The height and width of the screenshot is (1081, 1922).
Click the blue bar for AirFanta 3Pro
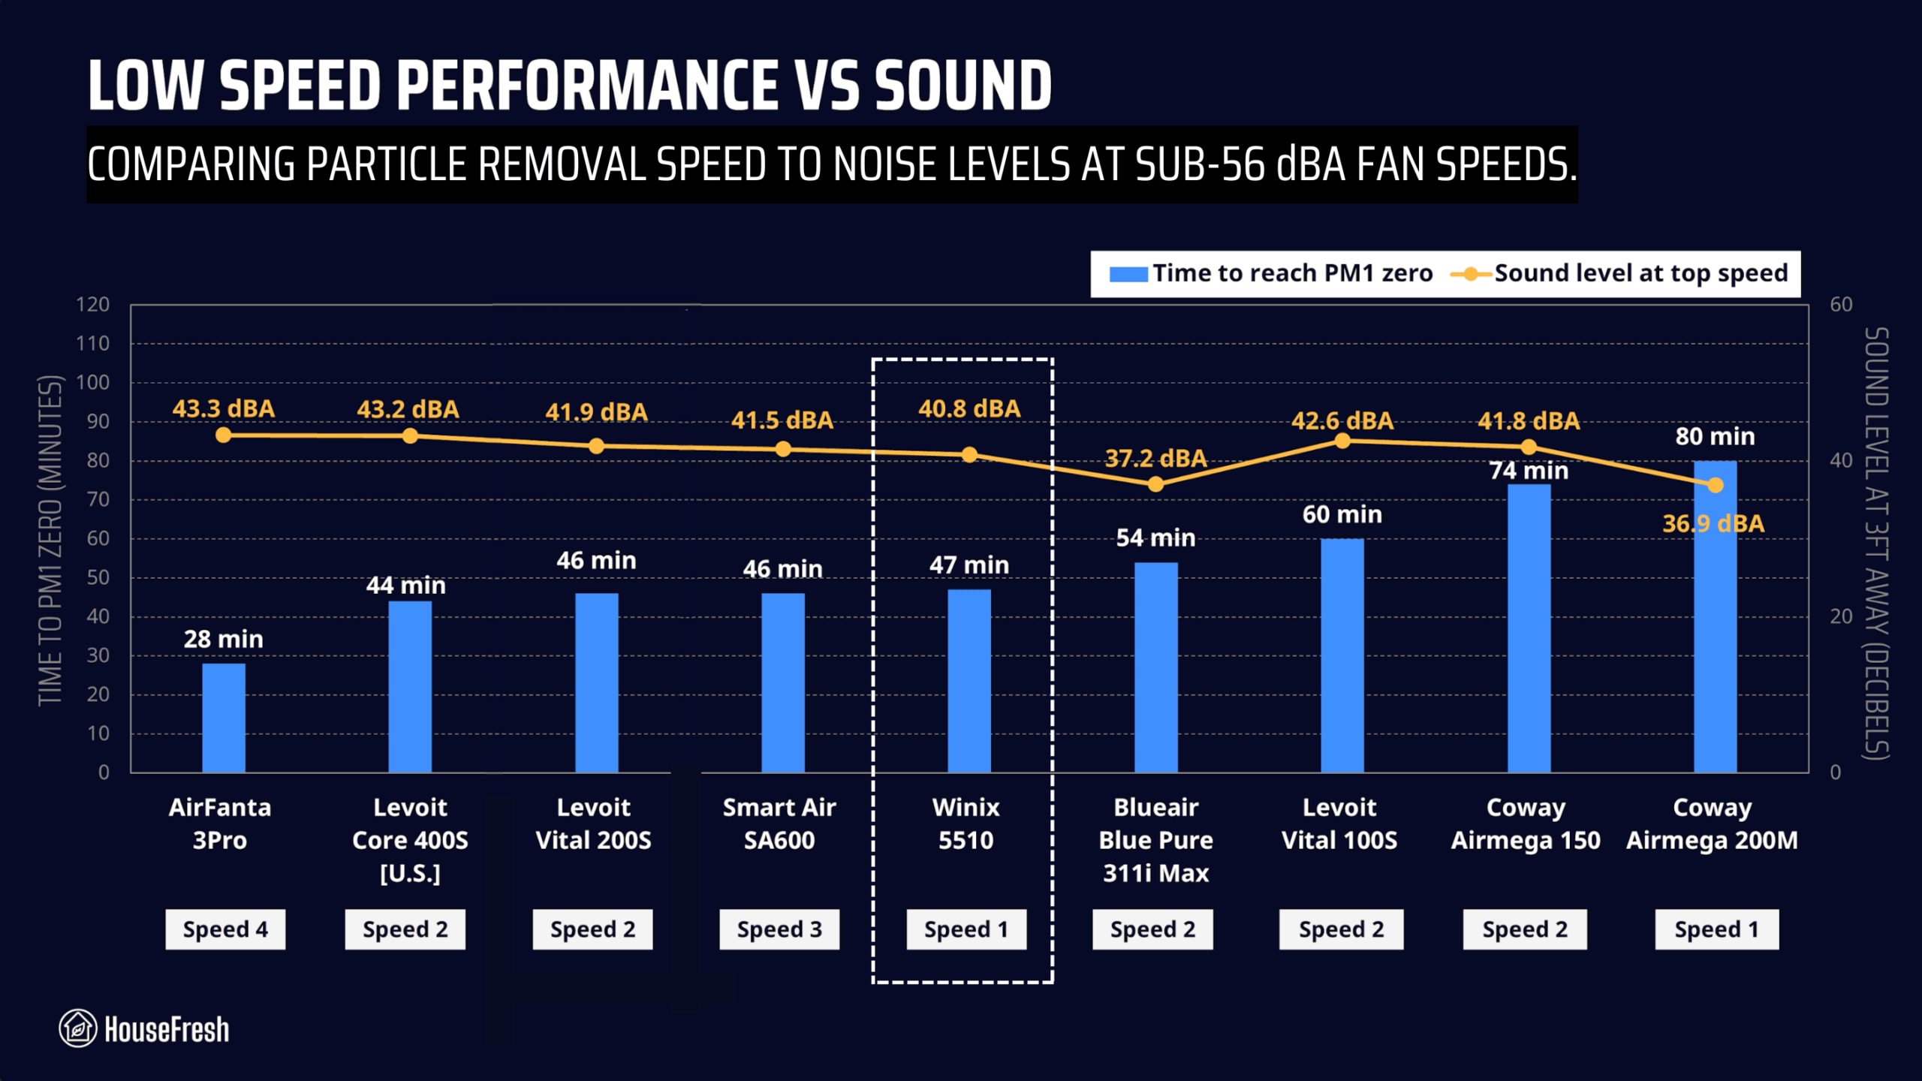pos(224,718)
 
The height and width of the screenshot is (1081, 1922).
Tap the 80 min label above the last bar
pos(1715,436)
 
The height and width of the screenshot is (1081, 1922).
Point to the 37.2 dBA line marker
pos(1155,484)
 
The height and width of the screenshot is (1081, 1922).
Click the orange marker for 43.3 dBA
pos(223,435)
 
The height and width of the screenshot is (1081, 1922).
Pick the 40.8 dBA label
pos(969,408)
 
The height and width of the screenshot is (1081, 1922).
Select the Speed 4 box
pos(225,929)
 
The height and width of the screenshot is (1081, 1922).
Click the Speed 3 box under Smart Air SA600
pos(779,929)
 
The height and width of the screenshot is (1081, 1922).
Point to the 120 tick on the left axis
pos(92,305)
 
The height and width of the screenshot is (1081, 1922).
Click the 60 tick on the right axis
pos(1841,305)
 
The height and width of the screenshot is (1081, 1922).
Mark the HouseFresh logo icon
pos(77,1028)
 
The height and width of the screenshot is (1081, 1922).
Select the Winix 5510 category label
pos(966,824)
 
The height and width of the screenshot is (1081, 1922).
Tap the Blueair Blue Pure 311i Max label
pos(1155,840)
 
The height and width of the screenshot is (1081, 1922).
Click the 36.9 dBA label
pos(1713,523)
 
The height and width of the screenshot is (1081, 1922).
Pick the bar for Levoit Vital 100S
pos(1342,655)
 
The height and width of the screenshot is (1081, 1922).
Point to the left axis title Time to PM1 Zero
pos(50,540)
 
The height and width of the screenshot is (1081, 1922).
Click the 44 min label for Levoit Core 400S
pos(405,585)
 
